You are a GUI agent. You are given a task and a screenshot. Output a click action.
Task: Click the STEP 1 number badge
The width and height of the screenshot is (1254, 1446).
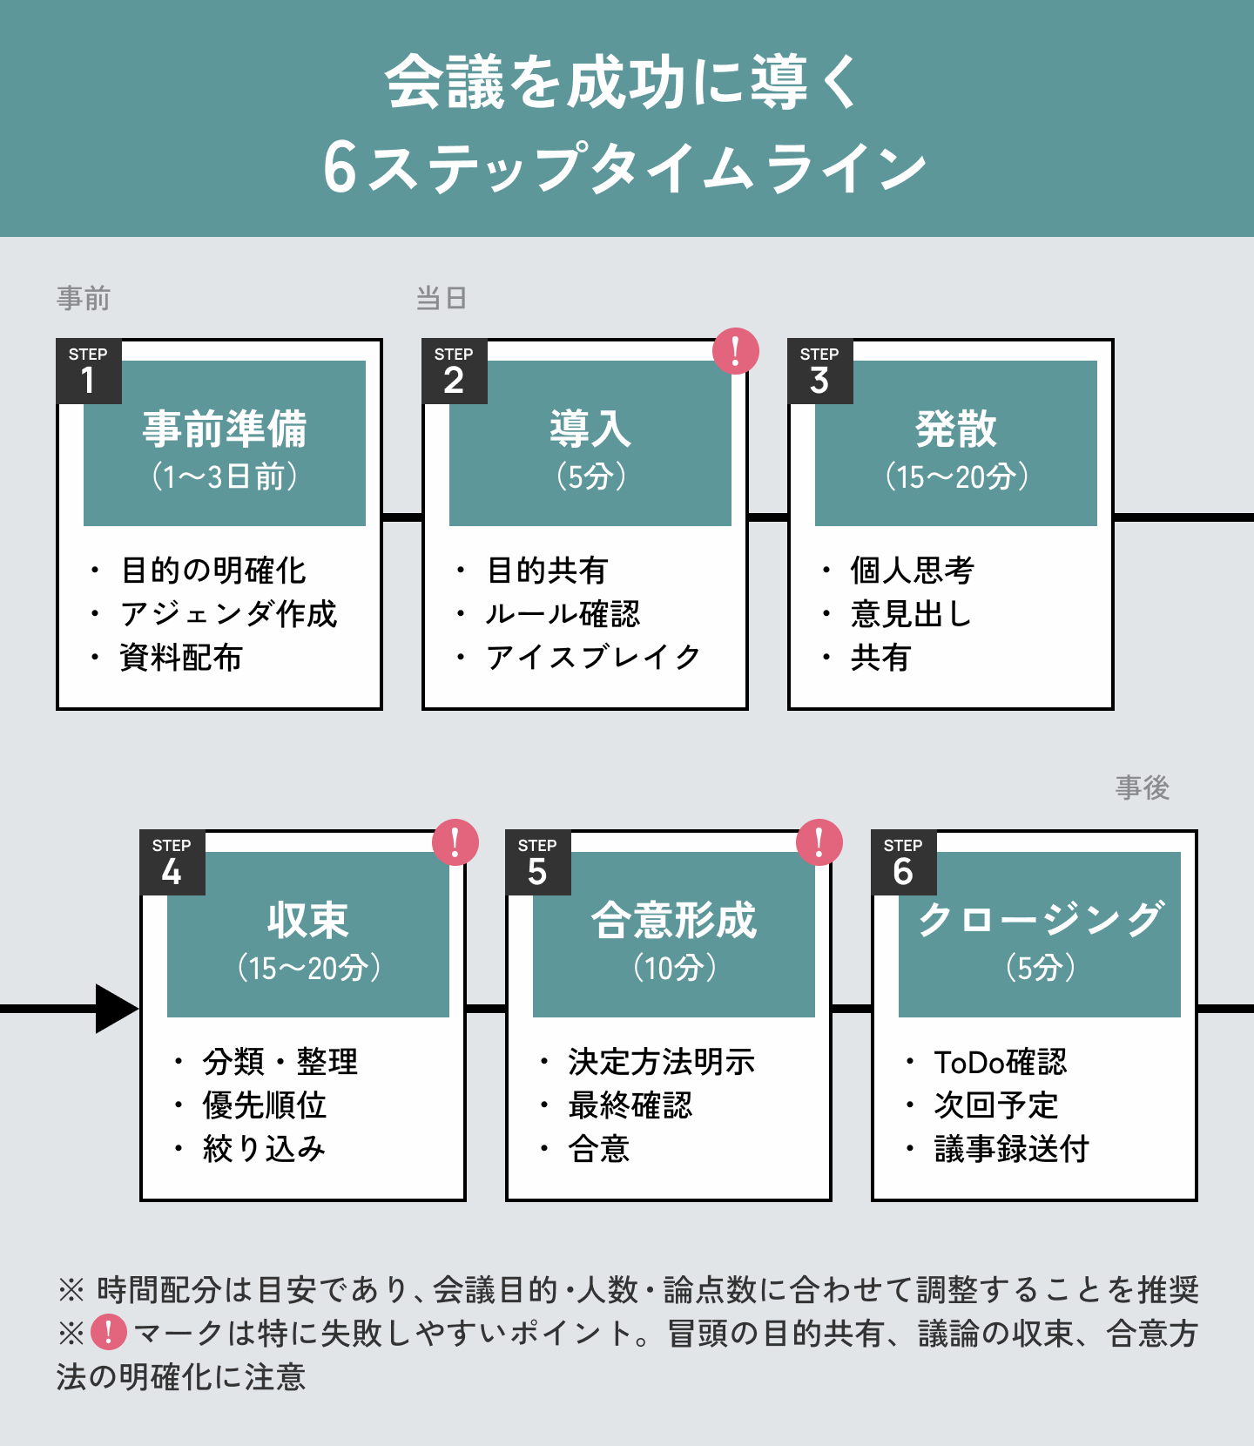88,372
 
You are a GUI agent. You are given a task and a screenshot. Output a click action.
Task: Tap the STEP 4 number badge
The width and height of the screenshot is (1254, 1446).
172,863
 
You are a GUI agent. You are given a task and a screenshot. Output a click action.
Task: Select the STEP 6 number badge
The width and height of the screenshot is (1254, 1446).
903,863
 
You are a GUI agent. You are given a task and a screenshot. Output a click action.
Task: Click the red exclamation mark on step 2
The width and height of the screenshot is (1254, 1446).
736,351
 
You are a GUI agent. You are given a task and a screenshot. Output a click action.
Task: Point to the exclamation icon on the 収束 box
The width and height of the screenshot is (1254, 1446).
455,842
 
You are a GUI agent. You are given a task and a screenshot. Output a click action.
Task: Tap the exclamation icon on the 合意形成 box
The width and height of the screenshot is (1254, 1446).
819,842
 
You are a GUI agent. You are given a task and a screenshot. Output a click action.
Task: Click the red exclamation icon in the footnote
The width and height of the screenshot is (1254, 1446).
109,1333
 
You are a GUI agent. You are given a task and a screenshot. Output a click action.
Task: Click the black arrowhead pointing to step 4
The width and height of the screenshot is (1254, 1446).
116,1009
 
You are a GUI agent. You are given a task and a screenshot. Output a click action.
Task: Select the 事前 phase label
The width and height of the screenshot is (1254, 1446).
84,299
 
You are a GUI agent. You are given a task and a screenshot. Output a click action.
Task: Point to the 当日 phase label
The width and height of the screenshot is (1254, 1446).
442,299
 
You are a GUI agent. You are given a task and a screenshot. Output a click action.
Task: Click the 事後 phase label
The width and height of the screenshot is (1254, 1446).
1143,788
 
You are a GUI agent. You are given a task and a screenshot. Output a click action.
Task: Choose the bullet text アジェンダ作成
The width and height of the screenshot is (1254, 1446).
228,614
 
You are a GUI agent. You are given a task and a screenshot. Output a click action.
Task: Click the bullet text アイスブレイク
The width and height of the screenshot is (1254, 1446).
593,658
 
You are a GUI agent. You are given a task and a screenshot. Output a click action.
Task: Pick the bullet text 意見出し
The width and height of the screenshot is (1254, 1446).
911,614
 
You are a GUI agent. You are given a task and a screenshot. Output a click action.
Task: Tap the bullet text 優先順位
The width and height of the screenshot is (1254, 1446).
265,1105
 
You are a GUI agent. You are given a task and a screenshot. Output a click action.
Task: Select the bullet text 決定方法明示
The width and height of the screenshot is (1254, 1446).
662,1062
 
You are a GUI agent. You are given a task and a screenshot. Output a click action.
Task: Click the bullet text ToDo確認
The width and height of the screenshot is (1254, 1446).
1001,1062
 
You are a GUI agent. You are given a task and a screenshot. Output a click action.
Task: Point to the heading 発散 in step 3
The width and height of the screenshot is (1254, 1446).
955,429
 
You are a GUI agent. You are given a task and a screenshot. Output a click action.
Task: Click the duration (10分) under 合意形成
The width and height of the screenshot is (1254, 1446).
675,968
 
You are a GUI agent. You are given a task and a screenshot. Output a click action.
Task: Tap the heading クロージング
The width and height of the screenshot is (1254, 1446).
1041,920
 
